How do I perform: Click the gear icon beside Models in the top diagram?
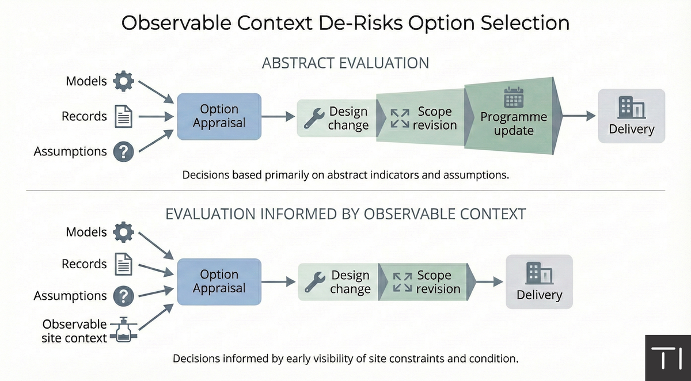[x=123, y=81]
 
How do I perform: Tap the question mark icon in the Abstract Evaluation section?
[x=123, y=151]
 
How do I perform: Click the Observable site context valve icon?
[x=123, y=332]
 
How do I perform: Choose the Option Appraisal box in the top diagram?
[x=219, y=116]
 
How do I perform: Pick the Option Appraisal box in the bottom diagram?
[x=219, y=281]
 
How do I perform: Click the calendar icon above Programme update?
[x=512, y=98]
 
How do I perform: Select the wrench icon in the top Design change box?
[x=314, y=119]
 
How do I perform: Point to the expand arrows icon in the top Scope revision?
[x=400, y=119]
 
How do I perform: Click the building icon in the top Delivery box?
[x=631, y=108]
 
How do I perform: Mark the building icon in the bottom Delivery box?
[x=539, y=273]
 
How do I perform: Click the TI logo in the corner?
[x=667, y=357]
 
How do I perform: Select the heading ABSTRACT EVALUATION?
[x=345, y=63]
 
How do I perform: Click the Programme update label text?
[x=514, y=124]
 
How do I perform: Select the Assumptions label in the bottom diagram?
[x=70, y=296]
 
